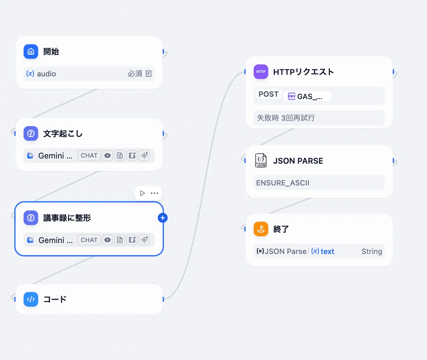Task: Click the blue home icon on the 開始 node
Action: (31, 52)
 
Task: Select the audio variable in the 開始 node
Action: (46, 74)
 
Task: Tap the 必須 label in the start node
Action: (135, 74)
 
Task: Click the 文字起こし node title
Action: (63, 134)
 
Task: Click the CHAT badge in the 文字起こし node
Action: (89, 156)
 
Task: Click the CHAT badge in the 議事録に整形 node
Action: (89, 240)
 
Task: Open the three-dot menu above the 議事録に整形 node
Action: (154, 193)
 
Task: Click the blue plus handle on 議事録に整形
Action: (163, 218)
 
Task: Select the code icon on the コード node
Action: (31, 299)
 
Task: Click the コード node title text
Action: (55, 299)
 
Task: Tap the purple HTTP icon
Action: (261, 72)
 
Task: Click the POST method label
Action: (268, 94)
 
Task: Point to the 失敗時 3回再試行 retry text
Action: (286, 118)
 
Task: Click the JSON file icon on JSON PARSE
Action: (261, 161)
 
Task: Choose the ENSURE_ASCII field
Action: (283, 183)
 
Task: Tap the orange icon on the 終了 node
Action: (261, 229)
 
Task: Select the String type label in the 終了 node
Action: (371, 251)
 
